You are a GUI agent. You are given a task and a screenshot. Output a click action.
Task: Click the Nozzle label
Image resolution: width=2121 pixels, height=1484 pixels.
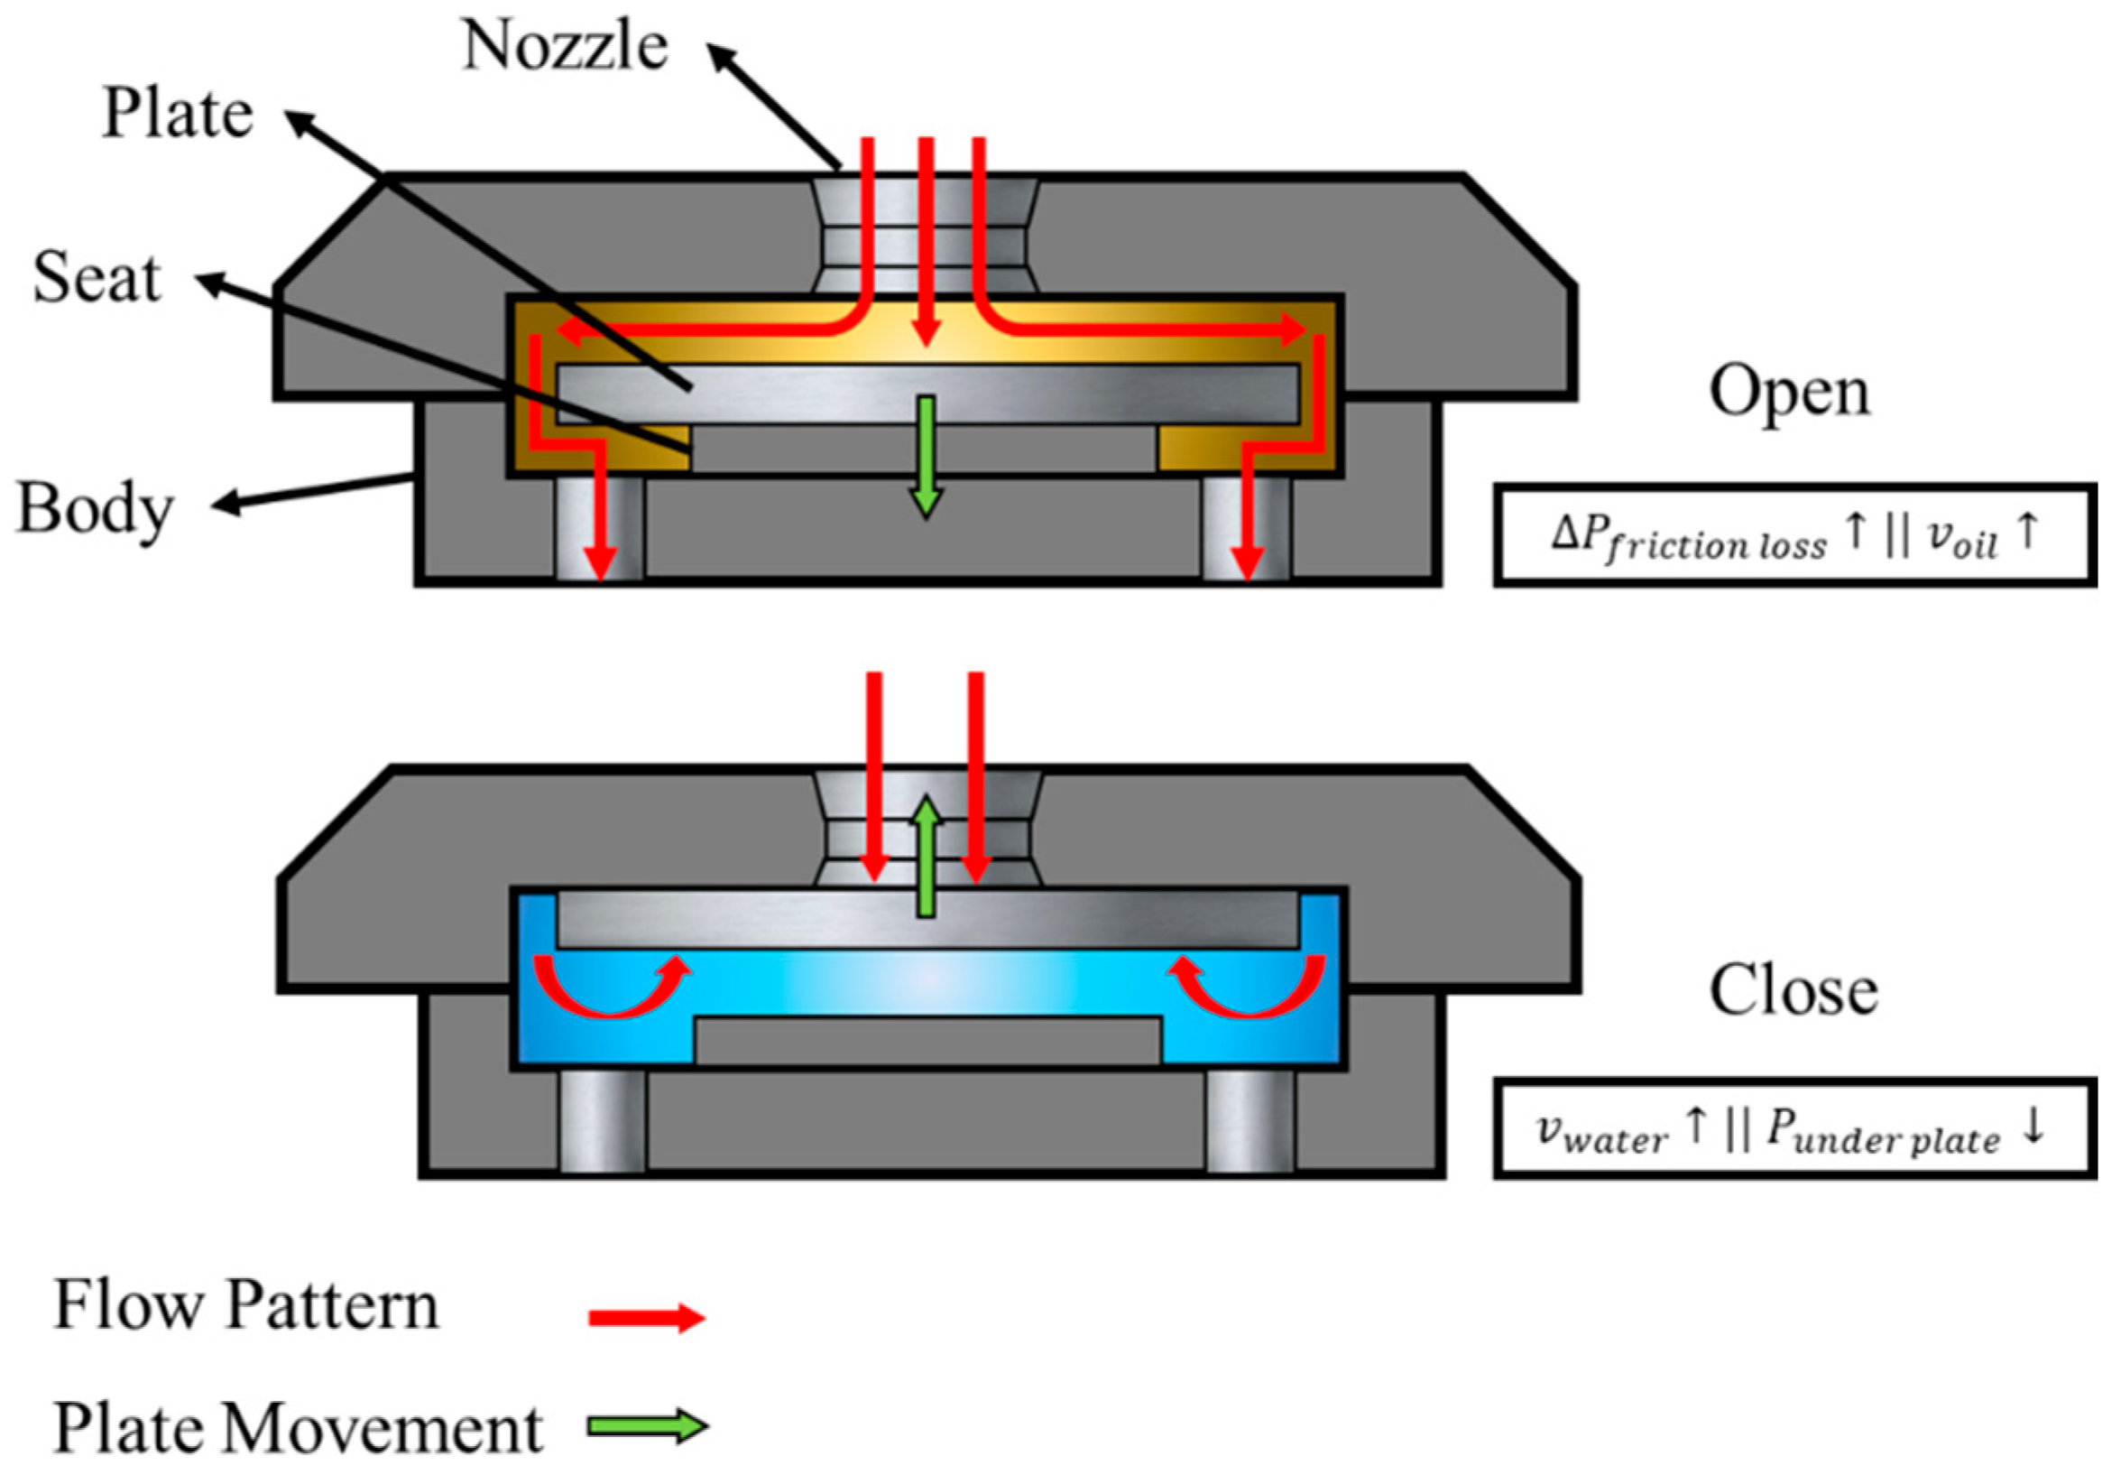(x=565, y=45)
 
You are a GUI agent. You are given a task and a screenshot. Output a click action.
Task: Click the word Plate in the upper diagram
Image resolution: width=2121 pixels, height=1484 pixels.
(x=178, y=114)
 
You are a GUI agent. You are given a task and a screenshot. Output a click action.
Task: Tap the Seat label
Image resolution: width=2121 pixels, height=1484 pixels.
(x=97, y=277)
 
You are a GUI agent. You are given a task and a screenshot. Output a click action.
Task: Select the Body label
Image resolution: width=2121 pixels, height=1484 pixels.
(x=95, y=508)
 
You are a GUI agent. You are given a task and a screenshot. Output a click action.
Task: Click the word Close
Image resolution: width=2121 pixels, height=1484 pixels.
(x=1793, y=990)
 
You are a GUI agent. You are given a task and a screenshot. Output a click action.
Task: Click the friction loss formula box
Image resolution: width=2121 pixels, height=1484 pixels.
(x=1794, y=535)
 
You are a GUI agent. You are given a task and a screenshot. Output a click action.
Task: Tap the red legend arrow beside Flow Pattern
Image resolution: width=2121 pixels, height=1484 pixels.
(x=647, y=1318)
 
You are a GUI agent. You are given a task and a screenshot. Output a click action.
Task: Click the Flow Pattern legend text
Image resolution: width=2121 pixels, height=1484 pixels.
(x=245, y=1305)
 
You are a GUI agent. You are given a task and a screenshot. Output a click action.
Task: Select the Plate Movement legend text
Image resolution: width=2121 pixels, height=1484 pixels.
(x=298, y=1429)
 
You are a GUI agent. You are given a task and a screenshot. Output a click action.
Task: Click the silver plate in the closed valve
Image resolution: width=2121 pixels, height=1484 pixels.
(x=927, y=921)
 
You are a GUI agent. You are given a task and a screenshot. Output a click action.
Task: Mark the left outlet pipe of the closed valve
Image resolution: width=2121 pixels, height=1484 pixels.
(x=603, y=1120)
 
